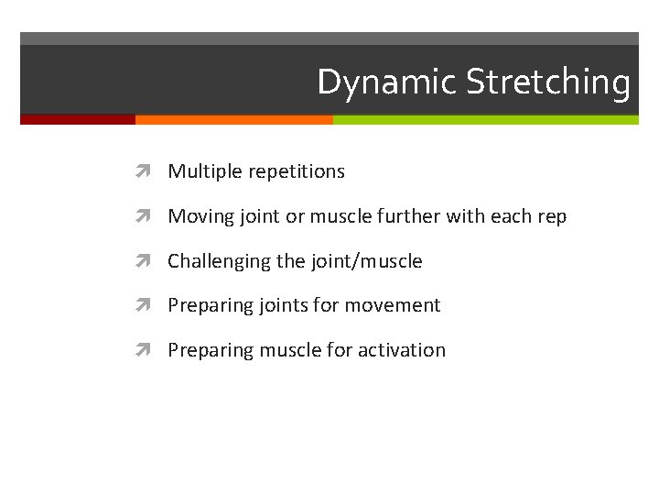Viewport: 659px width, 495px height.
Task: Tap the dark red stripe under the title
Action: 78,119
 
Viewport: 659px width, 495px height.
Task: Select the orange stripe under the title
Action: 233,119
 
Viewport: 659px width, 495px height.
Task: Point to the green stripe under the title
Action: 485,119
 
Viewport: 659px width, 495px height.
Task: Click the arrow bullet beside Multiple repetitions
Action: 149,171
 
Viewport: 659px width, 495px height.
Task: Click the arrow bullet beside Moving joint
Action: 149,216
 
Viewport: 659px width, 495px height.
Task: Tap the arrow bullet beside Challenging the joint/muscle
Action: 149,261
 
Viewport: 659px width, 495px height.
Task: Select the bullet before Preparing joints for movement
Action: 149,305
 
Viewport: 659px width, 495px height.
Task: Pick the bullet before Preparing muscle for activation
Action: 149,350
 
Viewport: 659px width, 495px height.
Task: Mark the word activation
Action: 402,350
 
